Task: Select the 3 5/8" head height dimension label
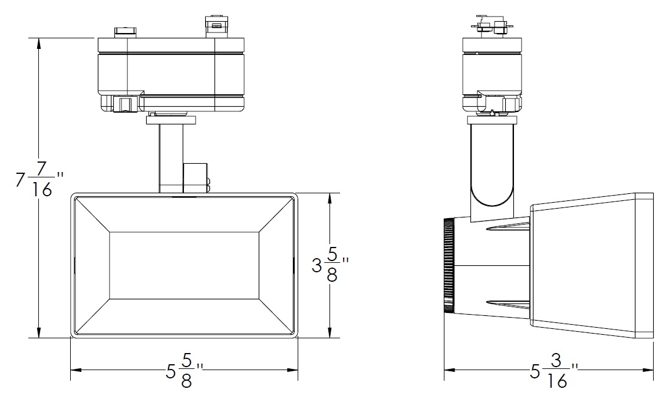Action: tap(330, 265)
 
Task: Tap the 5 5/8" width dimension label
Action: tap(184, 370)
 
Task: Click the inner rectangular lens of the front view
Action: tap(184, 265)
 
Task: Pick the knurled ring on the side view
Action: tap(449, 265)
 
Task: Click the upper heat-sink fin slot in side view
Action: tap(507, 228)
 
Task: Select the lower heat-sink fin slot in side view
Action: tap(507, 304)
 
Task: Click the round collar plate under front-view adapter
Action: tap(171, 120)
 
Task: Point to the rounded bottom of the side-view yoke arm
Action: tap(492, 200)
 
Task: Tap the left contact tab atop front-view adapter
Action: tap(126, 32)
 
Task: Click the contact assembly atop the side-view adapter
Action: tap(492, 27)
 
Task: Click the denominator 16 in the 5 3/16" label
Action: tap(557, 380)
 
